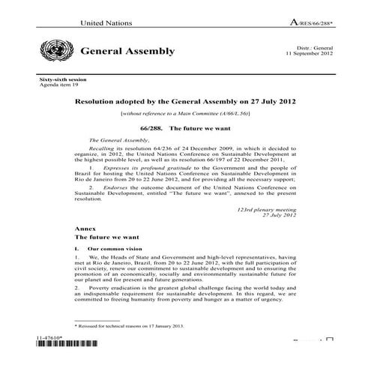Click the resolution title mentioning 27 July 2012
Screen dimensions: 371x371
point(192,101)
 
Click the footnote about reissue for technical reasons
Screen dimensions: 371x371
point(131,328)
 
